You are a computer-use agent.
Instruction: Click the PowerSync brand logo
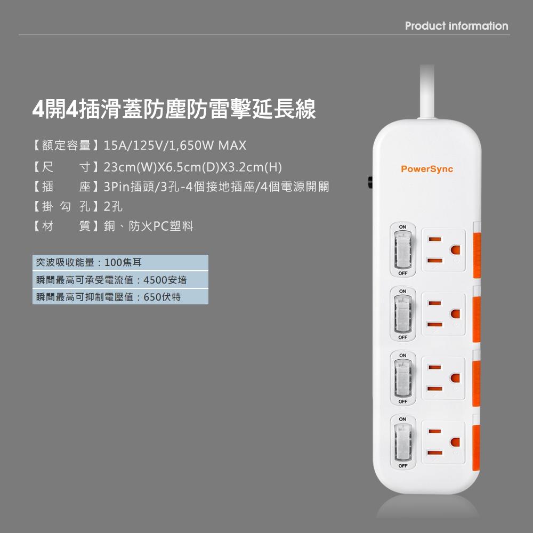[426, 169]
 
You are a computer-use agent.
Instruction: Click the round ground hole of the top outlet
[455, 249]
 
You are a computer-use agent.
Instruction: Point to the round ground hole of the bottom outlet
[455, 442]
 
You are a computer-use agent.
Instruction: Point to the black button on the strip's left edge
[369, 182]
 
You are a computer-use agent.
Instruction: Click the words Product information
[456, 26]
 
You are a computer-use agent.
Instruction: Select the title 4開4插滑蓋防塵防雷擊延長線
[174, 109]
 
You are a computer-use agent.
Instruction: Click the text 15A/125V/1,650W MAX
[175, 145]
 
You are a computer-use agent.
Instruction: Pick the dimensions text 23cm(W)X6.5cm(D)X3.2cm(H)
[192, 168]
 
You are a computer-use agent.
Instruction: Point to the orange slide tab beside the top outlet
[477, 249]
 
